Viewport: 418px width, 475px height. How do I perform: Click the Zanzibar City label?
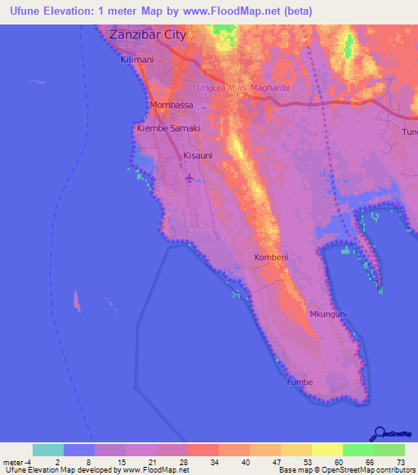(x=148, y=35)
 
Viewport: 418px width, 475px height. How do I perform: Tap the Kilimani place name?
(x=137, y=60)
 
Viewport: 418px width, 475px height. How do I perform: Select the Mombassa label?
(x=171, y=106)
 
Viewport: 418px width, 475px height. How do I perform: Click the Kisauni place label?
(x=198, y=154)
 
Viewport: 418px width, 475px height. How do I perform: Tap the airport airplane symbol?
(x=190, y=177)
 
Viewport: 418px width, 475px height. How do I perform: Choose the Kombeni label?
(x=271, y=258)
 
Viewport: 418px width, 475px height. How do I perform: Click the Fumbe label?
(x=299, y=381)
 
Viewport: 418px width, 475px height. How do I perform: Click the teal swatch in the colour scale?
(x=48, y=450)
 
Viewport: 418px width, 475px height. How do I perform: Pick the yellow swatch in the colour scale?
(x=327, y=450)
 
